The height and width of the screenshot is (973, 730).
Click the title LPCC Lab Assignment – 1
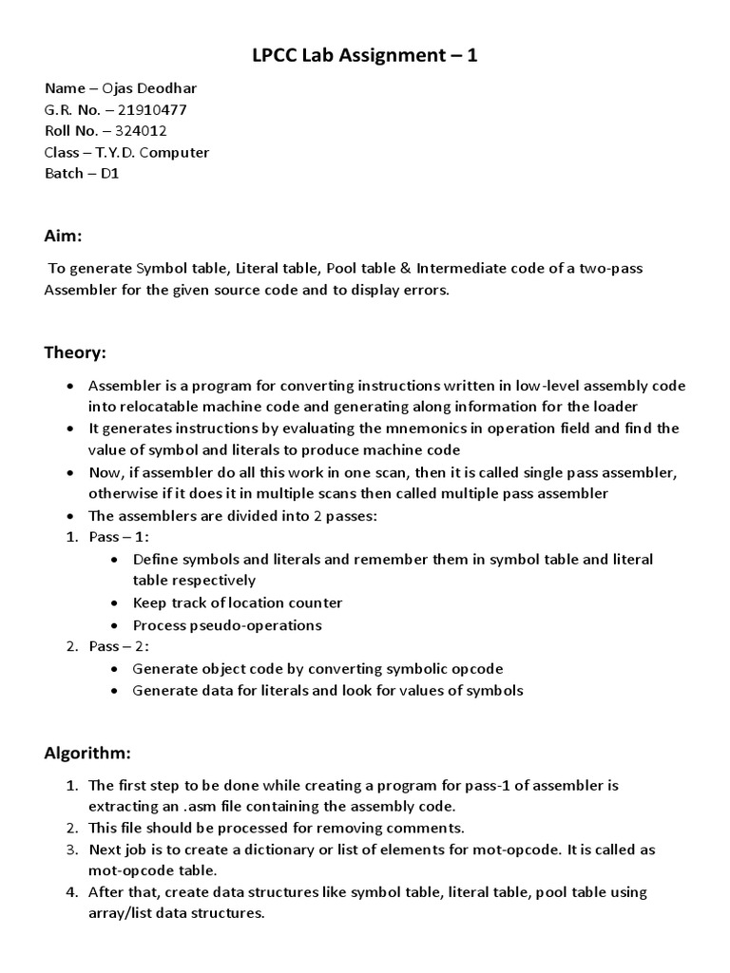364,56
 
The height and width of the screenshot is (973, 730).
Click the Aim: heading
64,234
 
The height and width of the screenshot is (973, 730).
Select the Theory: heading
76,353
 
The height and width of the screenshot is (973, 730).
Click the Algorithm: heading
87,753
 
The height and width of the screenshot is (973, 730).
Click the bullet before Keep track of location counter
115,603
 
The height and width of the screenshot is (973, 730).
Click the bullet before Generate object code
115,669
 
